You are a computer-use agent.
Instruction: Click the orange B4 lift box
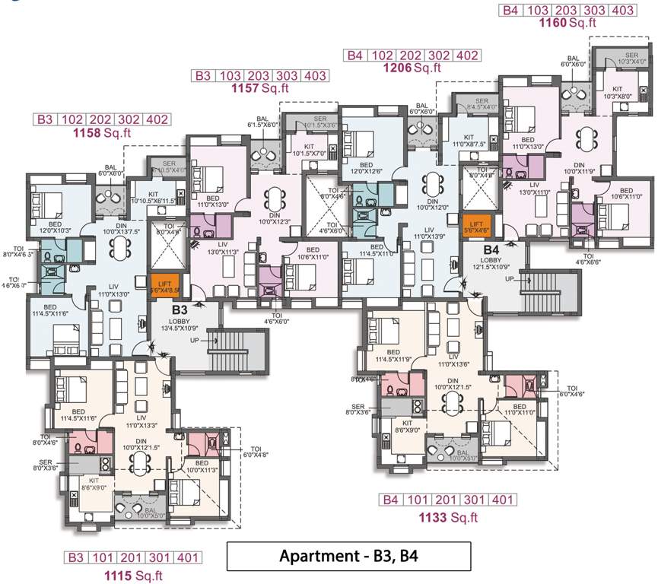coord(476,226)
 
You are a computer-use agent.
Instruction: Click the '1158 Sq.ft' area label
coord(102,133)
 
